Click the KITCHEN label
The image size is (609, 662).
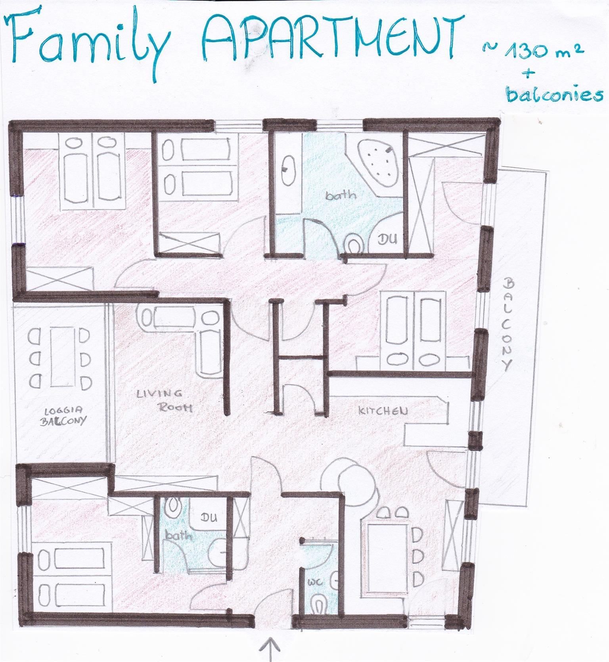pyautogui.click(x=382, y=410)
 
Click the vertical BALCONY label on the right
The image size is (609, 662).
pyautogui.click(x=508, y=324)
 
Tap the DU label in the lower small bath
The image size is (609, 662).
pyautogui.click(x=209, y=517)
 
